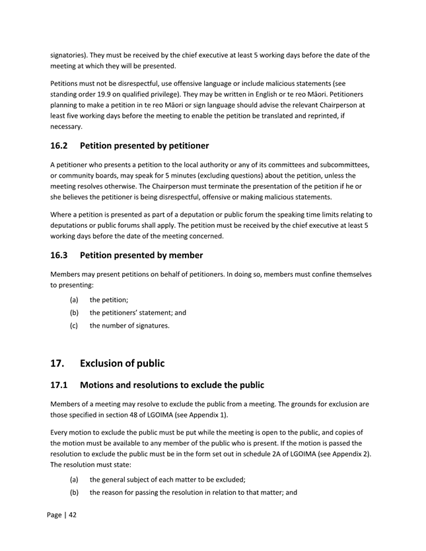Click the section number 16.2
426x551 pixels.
click(62, 145)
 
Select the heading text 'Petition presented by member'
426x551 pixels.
click(141, 255)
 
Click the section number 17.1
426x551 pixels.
click(62, 385)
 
